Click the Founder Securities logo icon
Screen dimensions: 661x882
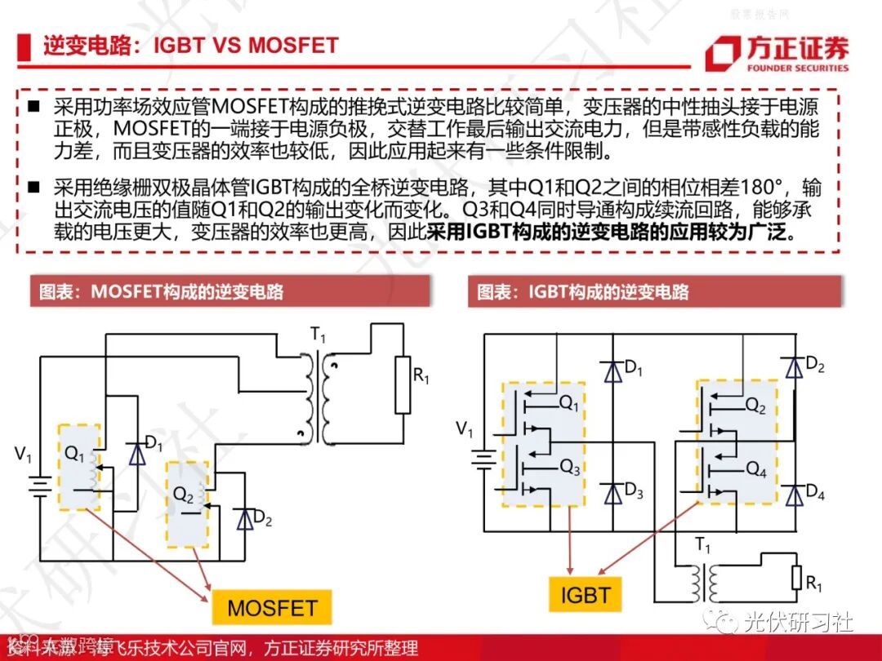723,54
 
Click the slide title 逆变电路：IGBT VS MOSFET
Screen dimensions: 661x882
191,45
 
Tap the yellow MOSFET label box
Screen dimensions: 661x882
272,607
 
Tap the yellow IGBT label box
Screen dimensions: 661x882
585,593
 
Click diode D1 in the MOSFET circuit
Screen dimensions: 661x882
137,453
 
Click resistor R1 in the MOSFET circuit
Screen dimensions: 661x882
402,384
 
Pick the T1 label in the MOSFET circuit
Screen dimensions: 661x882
317,335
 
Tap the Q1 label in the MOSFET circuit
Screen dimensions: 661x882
73,455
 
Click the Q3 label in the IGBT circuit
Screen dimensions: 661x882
569,467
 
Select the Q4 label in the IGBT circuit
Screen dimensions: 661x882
756,471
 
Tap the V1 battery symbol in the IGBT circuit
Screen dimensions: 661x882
484,459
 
